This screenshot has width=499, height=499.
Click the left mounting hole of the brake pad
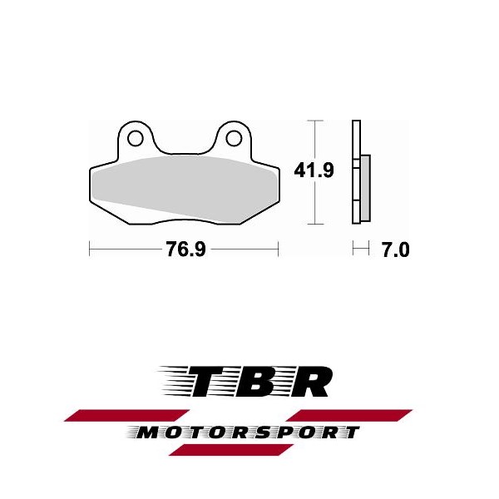click(x=136, y=138)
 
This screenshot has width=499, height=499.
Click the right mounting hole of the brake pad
click(x=234, y=138)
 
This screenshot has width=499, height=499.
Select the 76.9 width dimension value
click(x=185, y=249)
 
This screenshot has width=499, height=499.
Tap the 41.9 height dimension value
click(x=314, y=170)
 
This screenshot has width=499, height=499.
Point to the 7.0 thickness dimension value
click(x=395, y=249)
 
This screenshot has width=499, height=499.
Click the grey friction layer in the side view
click(x=366, y=188)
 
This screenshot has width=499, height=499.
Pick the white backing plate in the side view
click(x=356, y=172)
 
